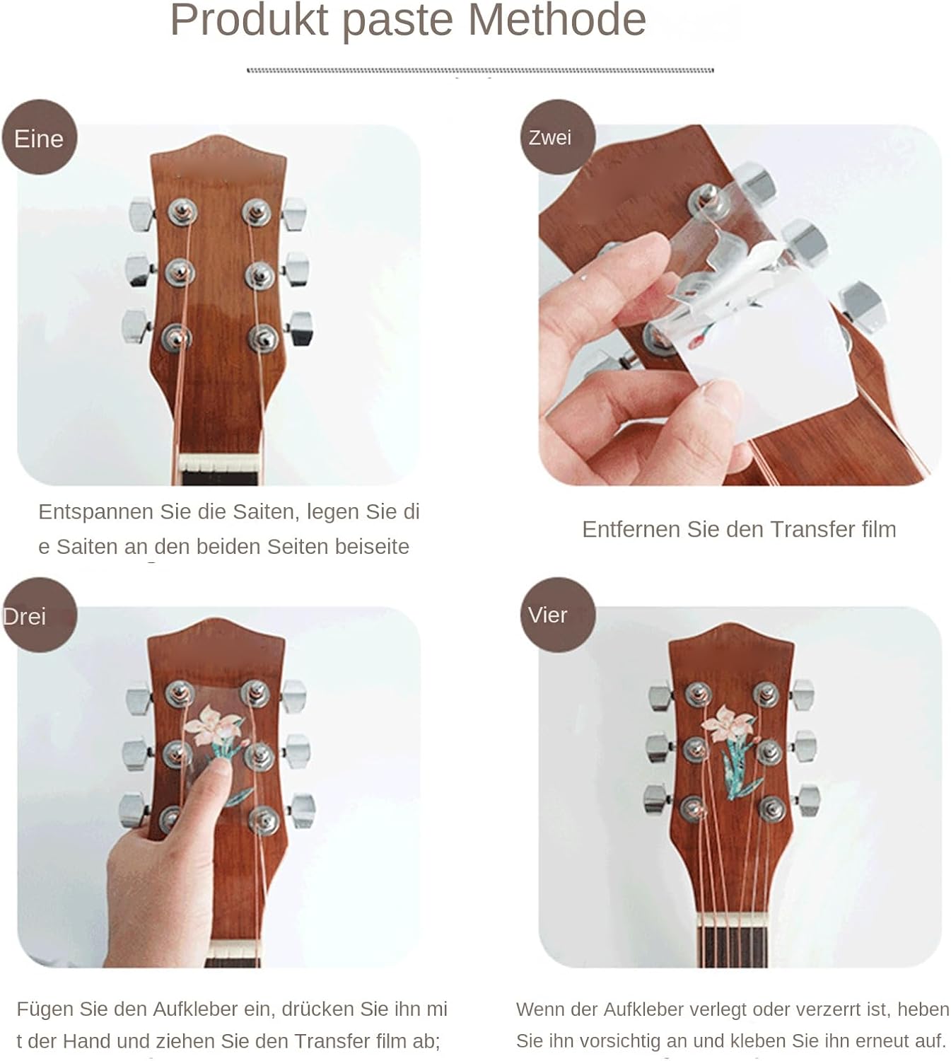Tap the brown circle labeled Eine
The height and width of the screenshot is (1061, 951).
pyautogui.click(x=40, y=137)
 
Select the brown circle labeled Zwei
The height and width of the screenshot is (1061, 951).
pyautogui.click(x=558, y=137)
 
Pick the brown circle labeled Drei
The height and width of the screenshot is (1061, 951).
pyautogui.click(x=40, y=615)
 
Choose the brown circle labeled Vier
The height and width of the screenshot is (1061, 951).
pyautogui.click(x=558, y=615)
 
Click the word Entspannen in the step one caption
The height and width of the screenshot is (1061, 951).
pyautogui.click(x=96, y=512)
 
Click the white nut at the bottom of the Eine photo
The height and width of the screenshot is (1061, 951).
pyautogui.click(x=220, y=464)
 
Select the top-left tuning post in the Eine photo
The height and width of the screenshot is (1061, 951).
pyautogui.click(x=182, y=211)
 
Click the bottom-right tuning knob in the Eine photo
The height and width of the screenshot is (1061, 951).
pyautogui.click(x=301, y=327)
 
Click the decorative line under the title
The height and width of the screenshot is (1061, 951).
pyautogui.click(x=480, y=70)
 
